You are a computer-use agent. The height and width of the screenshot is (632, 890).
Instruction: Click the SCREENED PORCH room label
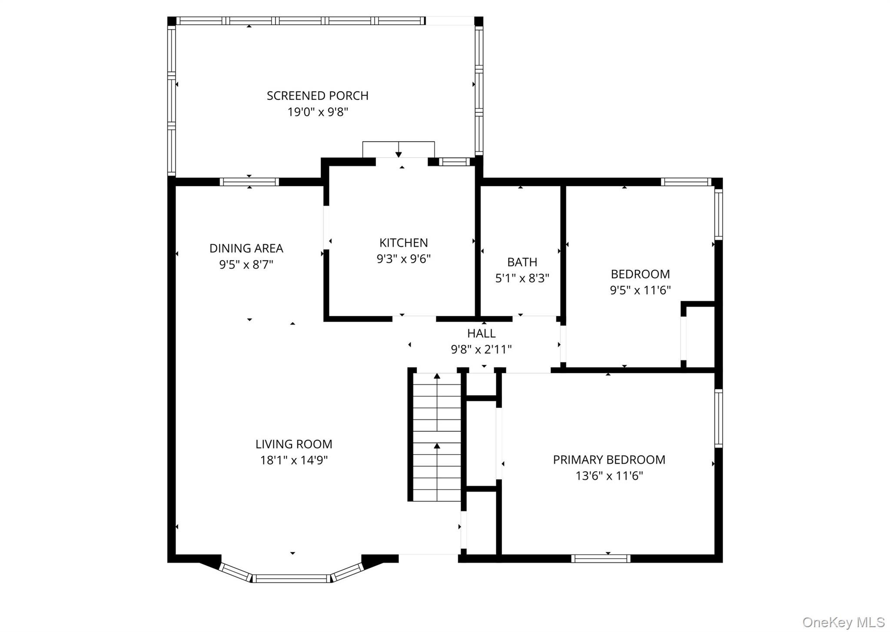click(x=317, y=96)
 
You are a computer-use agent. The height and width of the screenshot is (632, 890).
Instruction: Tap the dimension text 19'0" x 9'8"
click(x=317, y=112)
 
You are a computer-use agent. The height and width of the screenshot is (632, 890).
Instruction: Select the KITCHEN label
click(x=403, y=243)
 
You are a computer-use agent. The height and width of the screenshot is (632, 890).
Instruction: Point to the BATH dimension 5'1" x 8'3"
click(x=522, y=278)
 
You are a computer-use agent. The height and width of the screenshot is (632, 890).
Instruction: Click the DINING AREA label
click(x=246, y=248)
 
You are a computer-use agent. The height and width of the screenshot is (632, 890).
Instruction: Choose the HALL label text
click(x=481, y=333)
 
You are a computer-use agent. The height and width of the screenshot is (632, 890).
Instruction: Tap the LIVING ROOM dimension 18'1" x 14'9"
click(x=294, y=460)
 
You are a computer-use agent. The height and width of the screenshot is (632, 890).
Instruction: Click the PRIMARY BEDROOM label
click(x=609, y=459)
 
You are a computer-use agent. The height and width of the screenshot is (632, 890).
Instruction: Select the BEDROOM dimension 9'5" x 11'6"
click(x=640, y=290)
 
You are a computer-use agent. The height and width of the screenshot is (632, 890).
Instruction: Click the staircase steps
click(x=436, y=437)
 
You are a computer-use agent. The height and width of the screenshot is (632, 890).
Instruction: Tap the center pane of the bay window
click(x=292, y=578)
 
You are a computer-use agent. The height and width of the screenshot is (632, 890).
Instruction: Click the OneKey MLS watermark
click(x=843, y=622)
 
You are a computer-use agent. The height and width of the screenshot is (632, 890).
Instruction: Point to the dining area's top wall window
click(x=249, y=182)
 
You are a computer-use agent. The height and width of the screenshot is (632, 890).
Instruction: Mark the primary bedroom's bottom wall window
click(x=601, y=559)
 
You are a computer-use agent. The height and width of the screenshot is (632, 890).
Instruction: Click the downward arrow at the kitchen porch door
click(x=399, y=154)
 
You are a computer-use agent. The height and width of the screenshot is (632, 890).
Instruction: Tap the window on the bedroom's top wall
click(x=686, y=182)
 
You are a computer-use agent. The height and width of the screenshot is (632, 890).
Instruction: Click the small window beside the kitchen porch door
click(x=454, y=162)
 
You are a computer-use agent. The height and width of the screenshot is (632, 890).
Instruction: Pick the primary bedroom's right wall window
click(x=718, y=418)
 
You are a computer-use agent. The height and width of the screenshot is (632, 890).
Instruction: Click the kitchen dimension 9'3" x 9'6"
click(x=403, y=259)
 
